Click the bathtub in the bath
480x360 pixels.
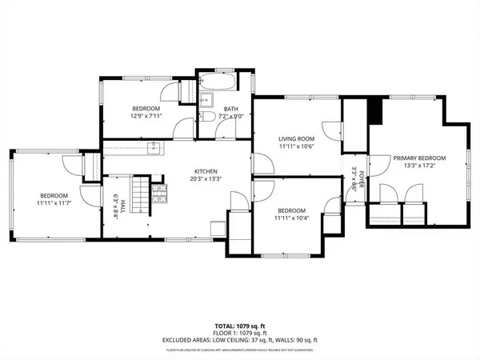(x=218, y=82)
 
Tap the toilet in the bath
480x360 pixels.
(x=206, y=117)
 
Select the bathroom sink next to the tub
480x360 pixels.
(x=205, y=99)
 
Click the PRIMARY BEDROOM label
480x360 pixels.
(x=418, y=158)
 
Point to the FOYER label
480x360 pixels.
(x=361, y=177)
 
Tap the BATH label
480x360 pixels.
(x=231, y=109)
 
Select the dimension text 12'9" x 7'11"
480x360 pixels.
(x=146, y=116)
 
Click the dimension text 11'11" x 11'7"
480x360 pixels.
(x=54, y=204)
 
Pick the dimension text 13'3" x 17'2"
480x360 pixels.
(x=418, y=167)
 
